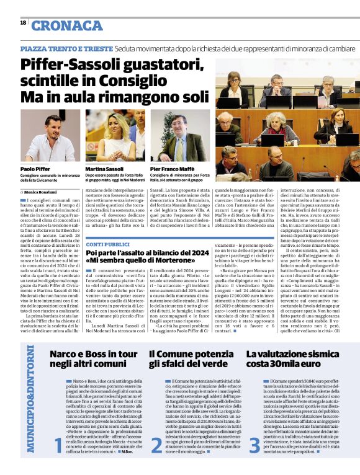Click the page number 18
[23, 23]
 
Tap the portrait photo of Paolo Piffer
[50, 136]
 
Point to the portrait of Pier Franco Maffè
[179, 136]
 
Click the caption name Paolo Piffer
[35, 169]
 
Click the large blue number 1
[58, 444]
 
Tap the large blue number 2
[156, 444]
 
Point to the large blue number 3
[254, 444]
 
